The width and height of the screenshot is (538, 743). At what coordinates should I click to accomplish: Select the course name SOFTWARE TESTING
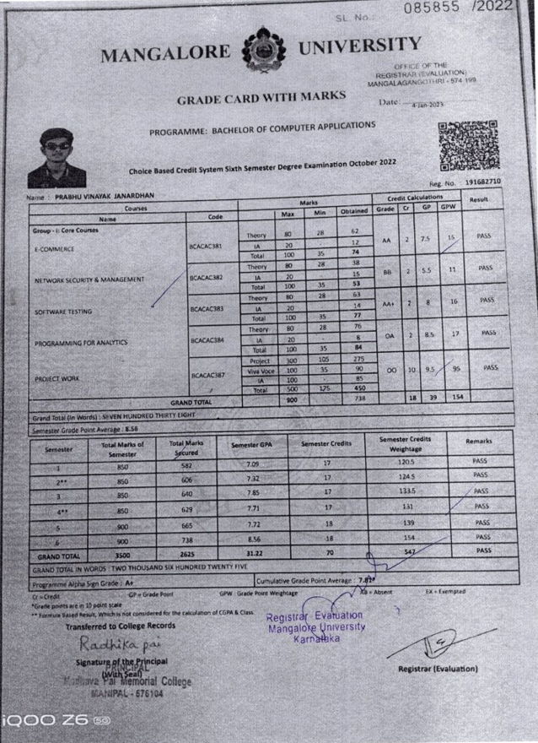(x=68, y=312)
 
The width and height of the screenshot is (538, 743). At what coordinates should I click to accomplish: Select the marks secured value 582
(x=185, y=465)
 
